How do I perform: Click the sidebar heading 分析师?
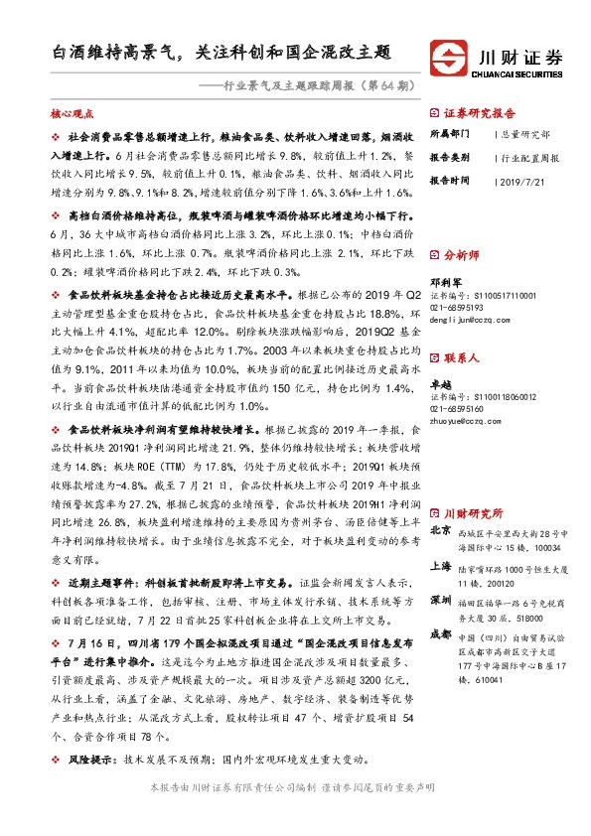pos(461,254)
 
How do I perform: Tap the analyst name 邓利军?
pos(444,280)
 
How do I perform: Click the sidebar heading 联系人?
pos(461,355)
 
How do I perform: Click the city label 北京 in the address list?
pos(442,533)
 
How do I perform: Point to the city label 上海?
pos(442,565)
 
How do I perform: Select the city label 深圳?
pos(442,602)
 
